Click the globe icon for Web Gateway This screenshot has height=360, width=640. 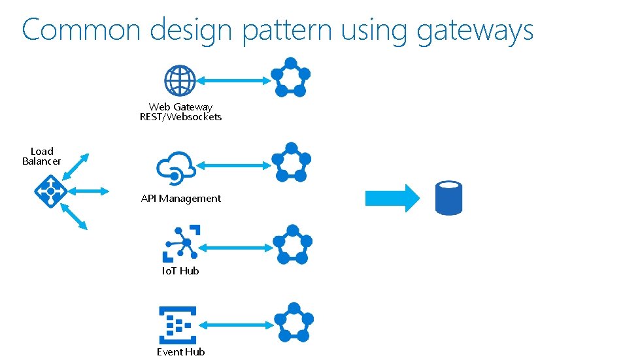tap(180, 80)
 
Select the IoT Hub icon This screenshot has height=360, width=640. tap(182, 244)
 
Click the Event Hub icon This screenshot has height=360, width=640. tap(178, 325)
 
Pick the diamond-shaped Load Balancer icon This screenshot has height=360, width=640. tap(50, 191)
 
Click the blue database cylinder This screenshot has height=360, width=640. tap(448, 198)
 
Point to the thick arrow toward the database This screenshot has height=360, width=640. tap(392, 198)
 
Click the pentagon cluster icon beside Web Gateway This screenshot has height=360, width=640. tap(291, 78)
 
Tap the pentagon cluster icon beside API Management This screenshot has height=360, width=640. tap(291, 162)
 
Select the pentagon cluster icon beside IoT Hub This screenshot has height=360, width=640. tap(292, 244)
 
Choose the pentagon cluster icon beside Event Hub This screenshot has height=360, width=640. tap(294, 322)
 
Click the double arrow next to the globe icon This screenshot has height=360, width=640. tap(233, 81)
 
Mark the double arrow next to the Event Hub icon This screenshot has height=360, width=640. tap(237, 325)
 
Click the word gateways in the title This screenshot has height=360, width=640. tap(475, 31)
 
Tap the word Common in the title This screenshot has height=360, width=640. tap(81, 29)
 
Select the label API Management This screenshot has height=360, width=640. tap(181, 199)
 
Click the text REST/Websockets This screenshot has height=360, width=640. tap(181, 117)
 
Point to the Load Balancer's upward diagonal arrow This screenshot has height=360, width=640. tap(76, 167)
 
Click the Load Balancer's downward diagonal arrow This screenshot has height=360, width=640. tap(74, 216)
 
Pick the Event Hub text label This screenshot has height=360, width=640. tap(181, 352)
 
